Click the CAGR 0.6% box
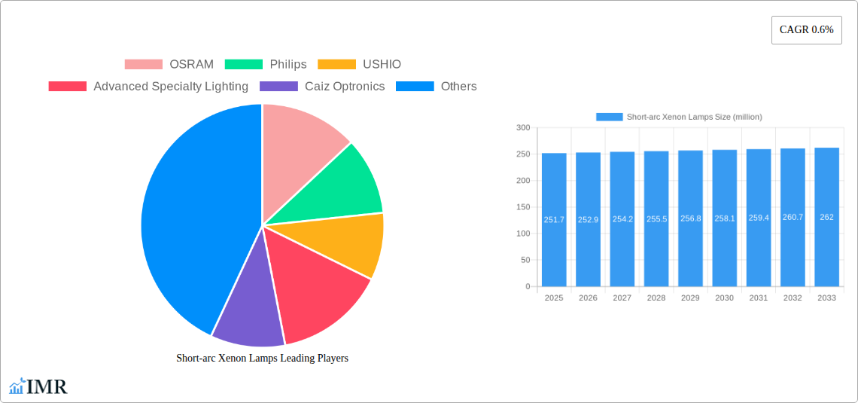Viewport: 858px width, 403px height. pyautogui.click(x=806, y=30)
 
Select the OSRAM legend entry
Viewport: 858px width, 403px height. pyautogui.click(x=169, y=65)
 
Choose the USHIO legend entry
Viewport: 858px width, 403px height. pyautogui.click(x=360, y=65)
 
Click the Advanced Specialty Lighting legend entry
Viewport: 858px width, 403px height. pyautogui.click(x=148, y=87)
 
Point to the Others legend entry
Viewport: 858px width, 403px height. pyautogui.click(x=437, y=87)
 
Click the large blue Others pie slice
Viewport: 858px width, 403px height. pyautogui.click(x=192, y=218)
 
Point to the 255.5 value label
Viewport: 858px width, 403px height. pyautogui.click(x=656, y=219)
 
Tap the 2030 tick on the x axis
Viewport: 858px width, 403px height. pyautogui.click(x=724, y=298)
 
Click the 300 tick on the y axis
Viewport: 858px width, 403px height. pyautogui.click(x=522, y=128)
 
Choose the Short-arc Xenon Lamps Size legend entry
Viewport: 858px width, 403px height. pyautogui.click(x=679, y=117)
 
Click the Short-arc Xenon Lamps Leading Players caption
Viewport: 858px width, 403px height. pyautogui.click(x=262, y=359)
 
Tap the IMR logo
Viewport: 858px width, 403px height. pyautogui.click(x=38, y=387)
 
